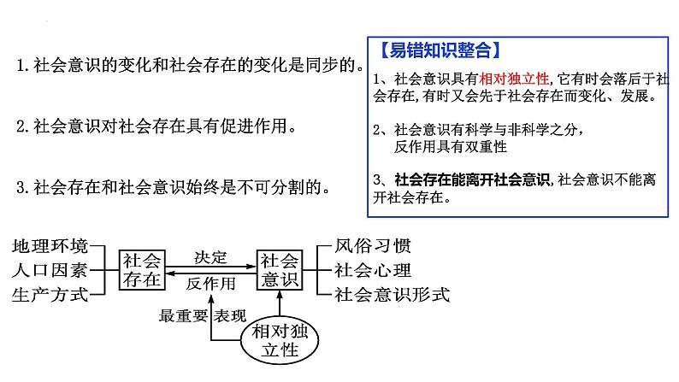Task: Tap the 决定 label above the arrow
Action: pyautogui.click(x=210, y=258)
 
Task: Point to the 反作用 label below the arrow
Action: pyautogui.click(x=211, y=284)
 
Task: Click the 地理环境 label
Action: pyautogui.click(x=50, y=246)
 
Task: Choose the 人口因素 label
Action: pyautogui.click(x=50, y=270)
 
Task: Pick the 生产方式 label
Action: pyautogui.click(x=50, y=295)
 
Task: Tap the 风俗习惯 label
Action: pyautogui.click(x=372, y=246)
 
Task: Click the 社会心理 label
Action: pyautogui.click(x=372, y=270)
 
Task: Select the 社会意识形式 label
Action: pyautogui.click(x=392, y=295)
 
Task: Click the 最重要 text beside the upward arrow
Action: pyautogui.click(x=183, y=316)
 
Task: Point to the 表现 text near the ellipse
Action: pyautogui.click(x=230, y=316)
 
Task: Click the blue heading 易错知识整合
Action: pyautogui.click(x=440, y=50)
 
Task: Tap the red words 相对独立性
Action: pyautogui.click(x=514, y=79)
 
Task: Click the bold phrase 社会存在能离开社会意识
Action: pyautogui.click(x=472, y=179)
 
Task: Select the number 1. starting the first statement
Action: pyautogui.click(x=23, y=65)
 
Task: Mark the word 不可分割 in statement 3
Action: pyautogui.click(x=271, y=187)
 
